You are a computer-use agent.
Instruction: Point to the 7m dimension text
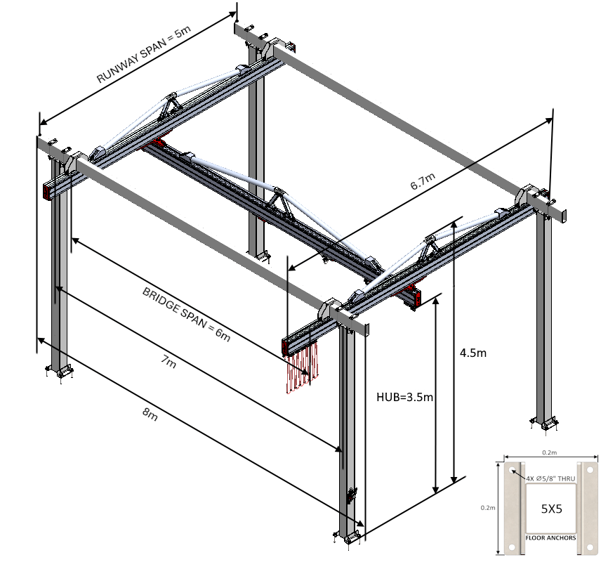click(x=168, y=364)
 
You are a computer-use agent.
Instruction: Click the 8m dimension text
click(x=149, y=414)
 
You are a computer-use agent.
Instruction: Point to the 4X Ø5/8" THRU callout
click(x=548, y=478)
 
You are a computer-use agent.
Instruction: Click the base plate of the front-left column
click(x=59, y=370)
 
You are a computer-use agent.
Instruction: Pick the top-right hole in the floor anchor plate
click(x=590, y=471)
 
